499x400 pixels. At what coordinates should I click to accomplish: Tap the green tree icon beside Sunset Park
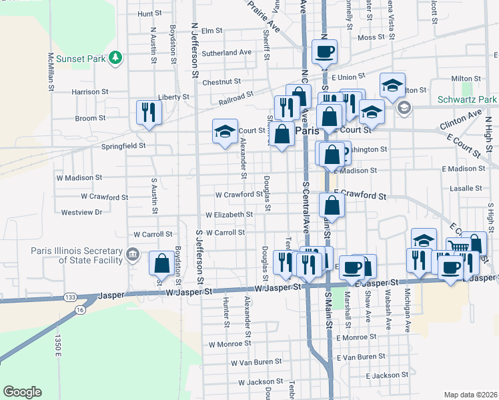pyautogui.click(x=116, y=58)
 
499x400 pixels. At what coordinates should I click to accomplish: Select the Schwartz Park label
pyautogui.click(x=468, y=99)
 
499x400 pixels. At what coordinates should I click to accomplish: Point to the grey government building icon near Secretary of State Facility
pyautogui.click(x=133, y=253)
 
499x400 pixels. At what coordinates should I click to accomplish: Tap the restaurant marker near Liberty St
pyautogui.click(x=149, y=111)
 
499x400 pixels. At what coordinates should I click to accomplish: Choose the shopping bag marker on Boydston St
pyautogui.click(x=161, y=263)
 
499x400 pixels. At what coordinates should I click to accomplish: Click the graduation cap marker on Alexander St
pyautogui.click(x=225, y=131)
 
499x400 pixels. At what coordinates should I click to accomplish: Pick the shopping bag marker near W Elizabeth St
pyautogui.click(x=332, y=205)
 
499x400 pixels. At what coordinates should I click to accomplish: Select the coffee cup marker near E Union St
pyautogui.click(x=325, y=51)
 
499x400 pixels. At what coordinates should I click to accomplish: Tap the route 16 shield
pyautogui.click(x=80, y=310)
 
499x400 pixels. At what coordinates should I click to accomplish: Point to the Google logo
pyautogui.click(x=22, y=392)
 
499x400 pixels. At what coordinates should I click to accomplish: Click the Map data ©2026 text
pyautogui.click(x=470, y=395)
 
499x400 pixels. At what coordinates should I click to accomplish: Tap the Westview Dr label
pyautogui.click(x=81, y=213)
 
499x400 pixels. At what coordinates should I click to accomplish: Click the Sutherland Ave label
pyautogui.click(x=226, y=52)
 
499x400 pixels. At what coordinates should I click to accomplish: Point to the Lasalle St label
pyautogui.click(x=466, y=189)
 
